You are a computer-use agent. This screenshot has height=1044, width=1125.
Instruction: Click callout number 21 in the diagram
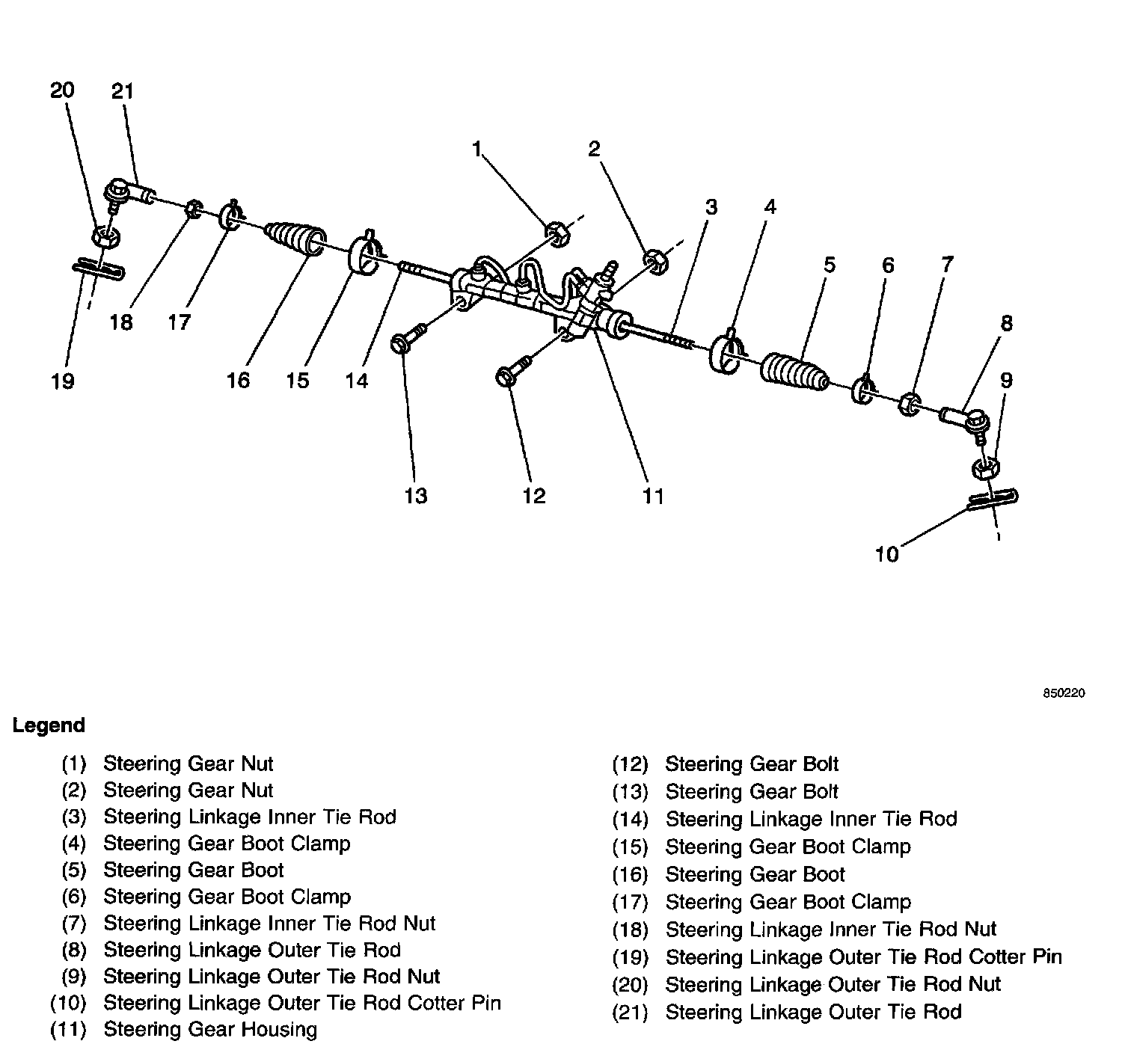122,91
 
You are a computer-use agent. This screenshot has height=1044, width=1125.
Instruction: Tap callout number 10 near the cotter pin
886,554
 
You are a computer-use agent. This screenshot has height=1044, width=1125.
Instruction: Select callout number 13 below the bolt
416,495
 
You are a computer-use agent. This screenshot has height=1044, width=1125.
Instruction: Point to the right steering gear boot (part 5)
794,372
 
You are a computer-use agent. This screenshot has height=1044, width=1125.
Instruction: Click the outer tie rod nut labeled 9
985,470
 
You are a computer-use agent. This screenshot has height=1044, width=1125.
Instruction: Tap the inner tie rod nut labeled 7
909,404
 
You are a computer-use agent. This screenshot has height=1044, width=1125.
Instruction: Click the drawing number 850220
1064,693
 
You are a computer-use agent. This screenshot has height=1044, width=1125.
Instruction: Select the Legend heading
49,725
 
